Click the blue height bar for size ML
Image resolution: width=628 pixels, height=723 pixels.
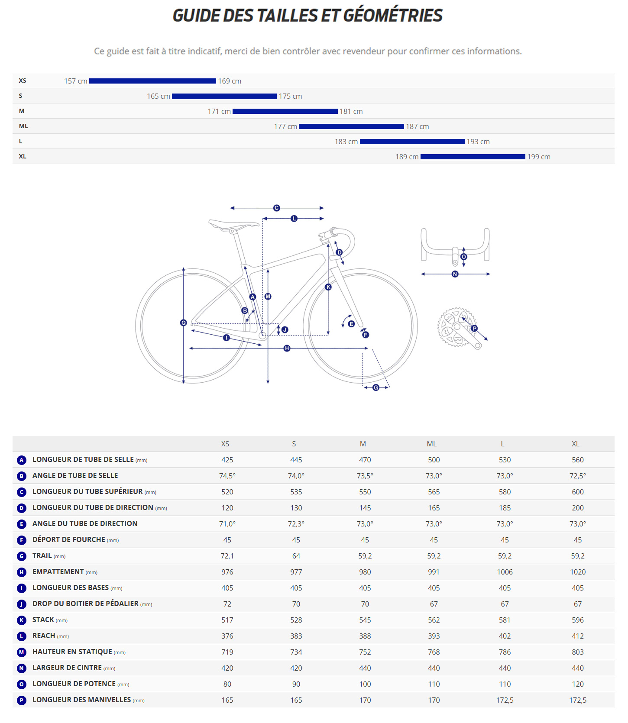pos(351,126)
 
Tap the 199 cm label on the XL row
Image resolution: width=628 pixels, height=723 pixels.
pos(538,157)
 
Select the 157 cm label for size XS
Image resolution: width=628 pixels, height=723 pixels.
pos(76,81)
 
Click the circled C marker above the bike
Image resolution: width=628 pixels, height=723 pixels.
pos(277,208)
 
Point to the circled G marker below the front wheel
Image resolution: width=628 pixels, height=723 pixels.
pos(376,387)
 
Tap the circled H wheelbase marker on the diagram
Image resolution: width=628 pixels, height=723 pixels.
pos(287,348)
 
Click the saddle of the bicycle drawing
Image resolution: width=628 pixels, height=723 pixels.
pos(233,224)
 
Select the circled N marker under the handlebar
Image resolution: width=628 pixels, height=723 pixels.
pos(455,274)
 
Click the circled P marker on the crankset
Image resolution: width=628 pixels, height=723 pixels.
pos(474,328)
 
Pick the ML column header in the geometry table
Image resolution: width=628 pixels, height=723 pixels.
pos(431,444)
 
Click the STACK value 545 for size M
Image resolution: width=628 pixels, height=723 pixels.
pos(365,620)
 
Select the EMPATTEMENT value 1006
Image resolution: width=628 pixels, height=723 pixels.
pos(505,572)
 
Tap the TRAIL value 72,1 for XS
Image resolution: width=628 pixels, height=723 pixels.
pos(227,556)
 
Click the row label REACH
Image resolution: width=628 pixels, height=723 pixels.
pos(44,636)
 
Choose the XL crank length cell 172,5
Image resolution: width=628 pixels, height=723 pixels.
pos(577,700)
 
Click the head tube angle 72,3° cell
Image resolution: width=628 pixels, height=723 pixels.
pos(296,524)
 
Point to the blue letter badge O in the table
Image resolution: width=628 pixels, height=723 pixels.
pos(22,684)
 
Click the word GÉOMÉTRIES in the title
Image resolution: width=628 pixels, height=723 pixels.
pos(393,16)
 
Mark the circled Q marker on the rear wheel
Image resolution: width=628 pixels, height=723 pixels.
pos(183,323)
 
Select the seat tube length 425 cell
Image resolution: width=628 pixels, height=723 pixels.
pos(227,460)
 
